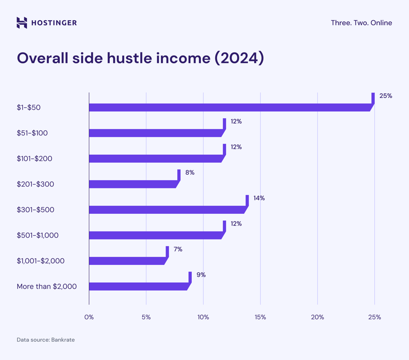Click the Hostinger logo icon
(x=22, y=22)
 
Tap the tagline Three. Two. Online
(x=361, y=22)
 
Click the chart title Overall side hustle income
(x=140, y=58)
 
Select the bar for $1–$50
(x=230, y=107)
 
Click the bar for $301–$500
(x=167, y=210)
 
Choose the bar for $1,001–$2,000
(x=127, y=261)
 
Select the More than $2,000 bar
(x=138, y=286)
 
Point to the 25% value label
(x=386, y=96)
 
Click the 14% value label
(x=259, y=198)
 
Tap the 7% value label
(x=178, y=249)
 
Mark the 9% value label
(x=201, y=275)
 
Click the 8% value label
(x=189, y=172)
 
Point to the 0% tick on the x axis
(x=89, y=317)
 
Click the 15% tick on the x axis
(x=260, y=317)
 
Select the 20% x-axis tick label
(x=318, y=317)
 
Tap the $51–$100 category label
(x=32, y=133)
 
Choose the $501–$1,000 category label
(x=38, y=235)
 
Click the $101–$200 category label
(x=34, y=158)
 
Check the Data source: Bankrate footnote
(x=45, y=340)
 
